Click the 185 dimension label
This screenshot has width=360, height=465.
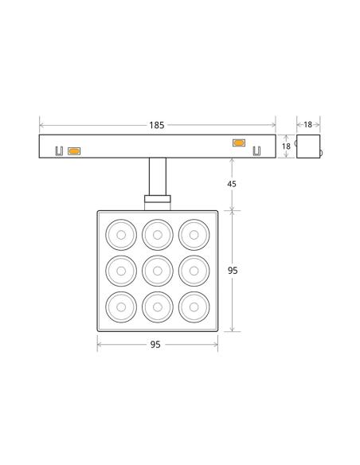coord(157,125)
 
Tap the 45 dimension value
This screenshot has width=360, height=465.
coord(232,184)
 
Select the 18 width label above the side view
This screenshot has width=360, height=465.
coord(307,124)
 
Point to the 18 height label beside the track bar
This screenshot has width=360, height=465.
coord(286,147)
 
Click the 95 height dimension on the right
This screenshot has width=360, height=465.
coord(233,271)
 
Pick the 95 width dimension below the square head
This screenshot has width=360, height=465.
coord(155,345)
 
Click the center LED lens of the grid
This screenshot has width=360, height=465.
coord(158,271)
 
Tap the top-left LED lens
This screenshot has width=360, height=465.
coord(121,235)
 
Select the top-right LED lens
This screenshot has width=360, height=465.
coord(194,235)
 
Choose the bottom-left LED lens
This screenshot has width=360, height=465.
coord(121,307)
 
